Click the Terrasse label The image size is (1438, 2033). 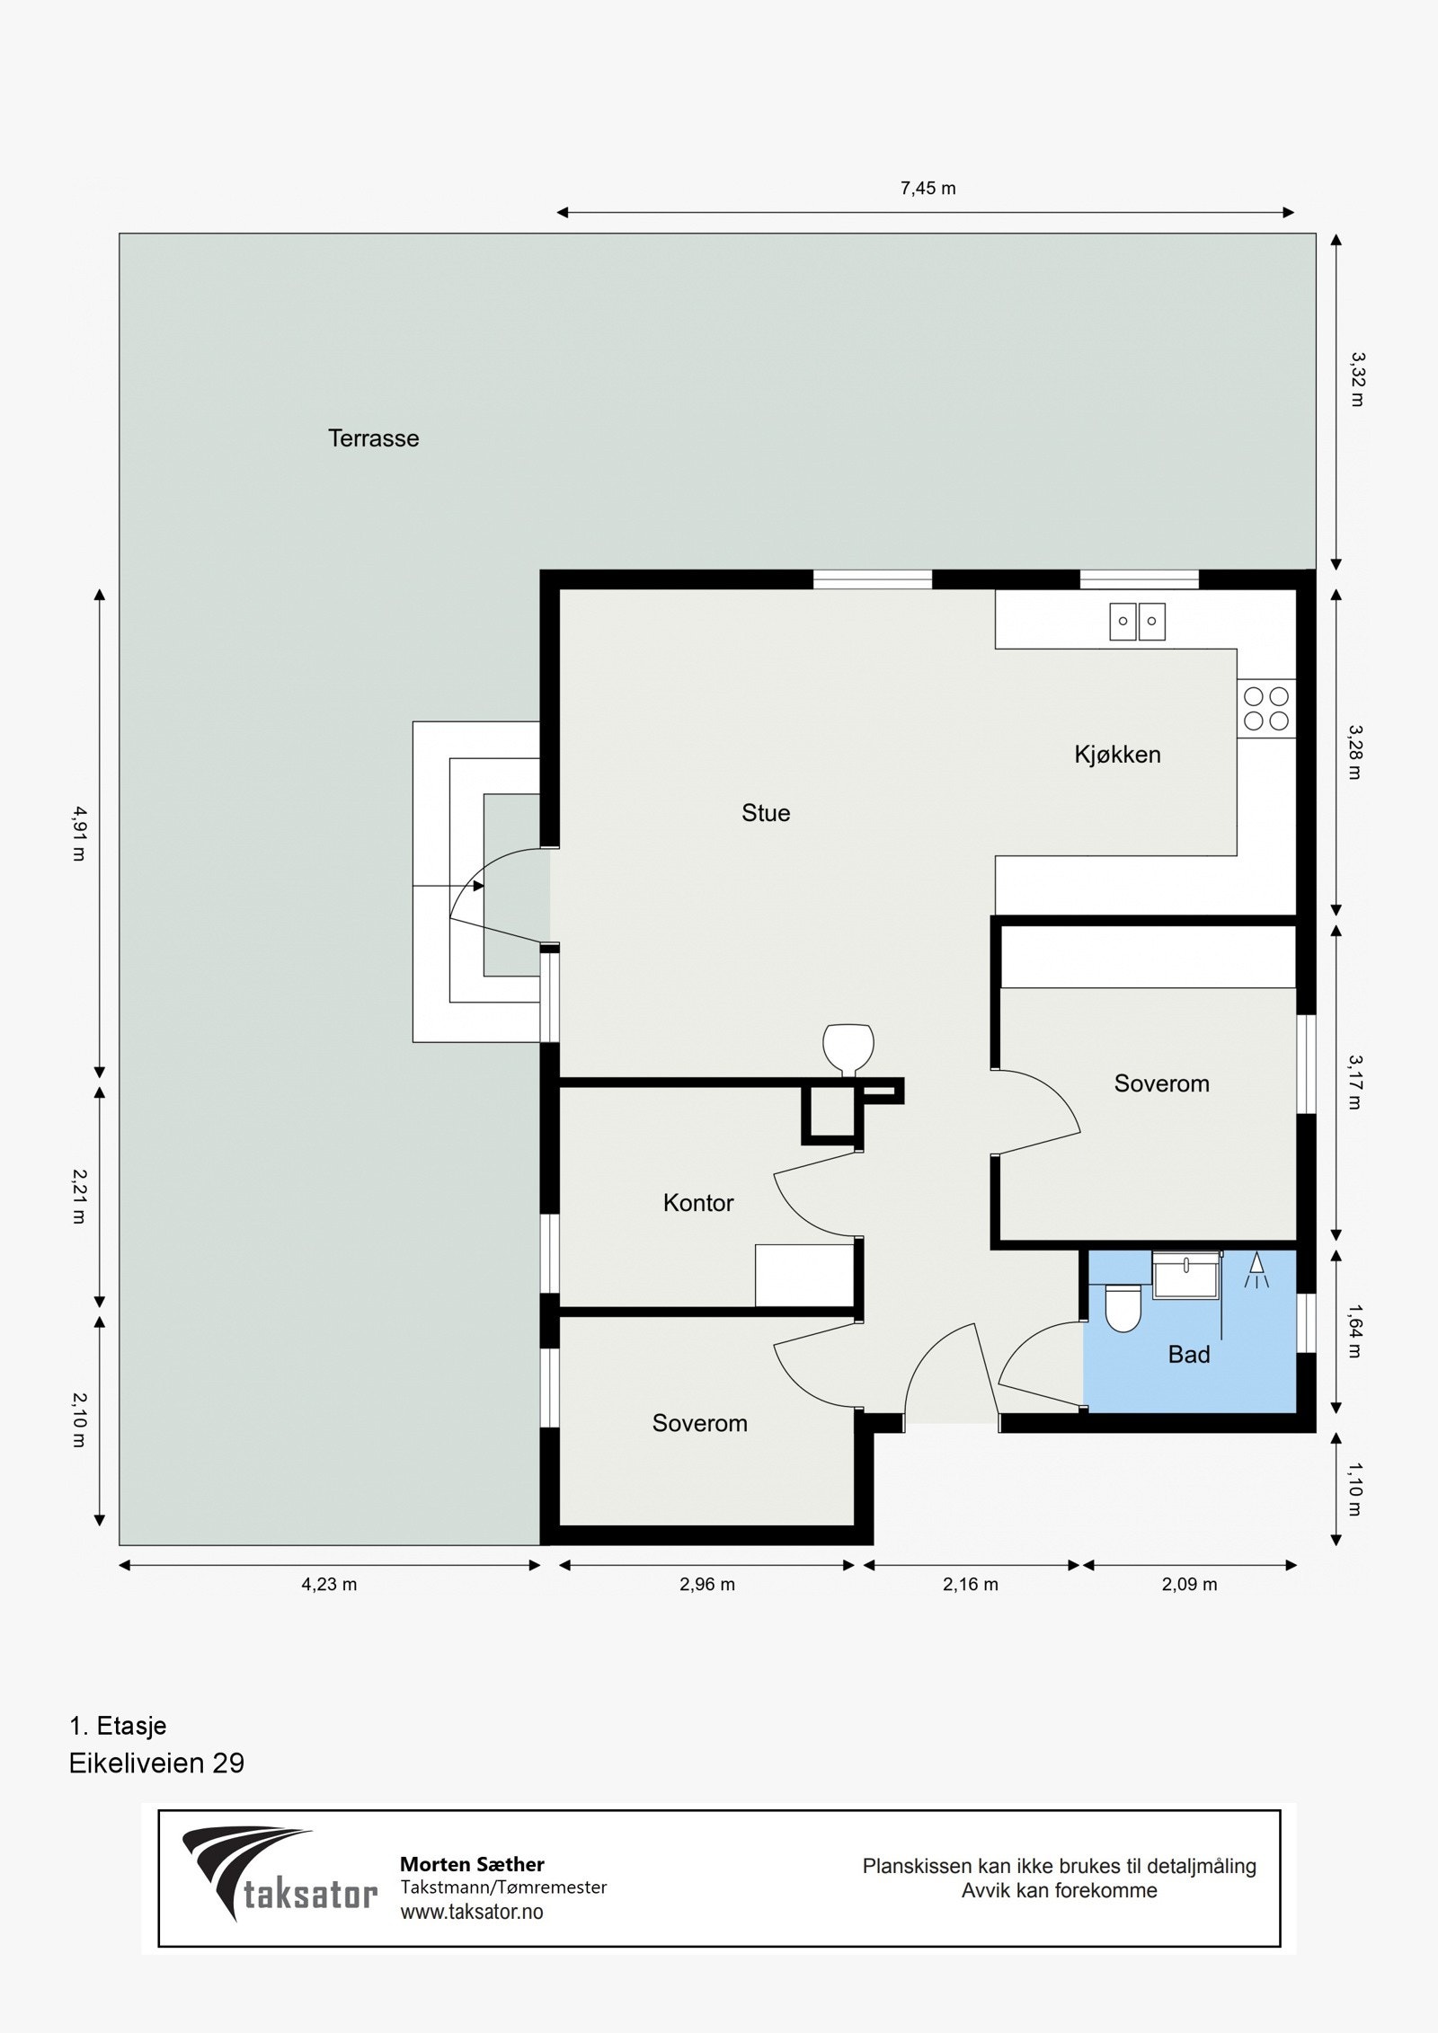[373, 438]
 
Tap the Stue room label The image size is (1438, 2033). [766, 813]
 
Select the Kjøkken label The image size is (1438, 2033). [1117, 755]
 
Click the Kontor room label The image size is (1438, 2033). [698, 1203]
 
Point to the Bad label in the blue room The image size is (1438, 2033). [1189, 1355]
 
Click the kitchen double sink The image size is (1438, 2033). [1137, 621]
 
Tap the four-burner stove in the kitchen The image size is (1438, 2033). [1265, 709]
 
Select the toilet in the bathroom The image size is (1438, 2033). [1122, 1308]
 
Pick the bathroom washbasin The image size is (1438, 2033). [1185, 1275]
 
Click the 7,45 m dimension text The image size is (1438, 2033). [928, 189]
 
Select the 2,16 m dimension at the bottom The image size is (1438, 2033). [971, 1585]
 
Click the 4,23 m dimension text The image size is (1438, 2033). [329, 1585]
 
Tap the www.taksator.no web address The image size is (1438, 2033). [472, 1912]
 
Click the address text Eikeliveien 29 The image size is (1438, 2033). [156, 1763]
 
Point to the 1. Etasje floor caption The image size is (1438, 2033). [118, 1726]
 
